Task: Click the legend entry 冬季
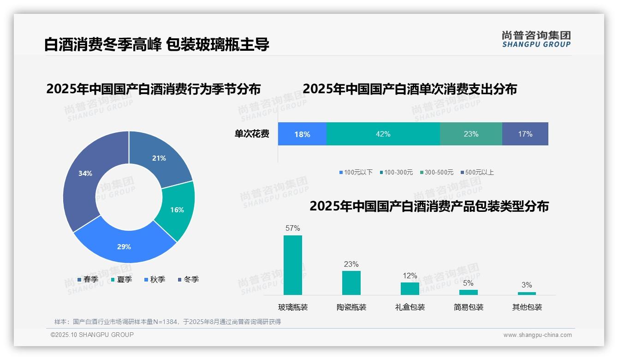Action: pos(188,279)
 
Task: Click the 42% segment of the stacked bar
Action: pos(383,134)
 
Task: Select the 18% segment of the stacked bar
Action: pos(302,134)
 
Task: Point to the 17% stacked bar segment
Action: pos(525,134)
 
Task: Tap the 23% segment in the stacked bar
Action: pos(471,134)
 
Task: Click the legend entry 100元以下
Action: pos(356,172)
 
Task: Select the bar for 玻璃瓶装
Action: pos(293,265)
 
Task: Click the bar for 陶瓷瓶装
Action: pos(351,282)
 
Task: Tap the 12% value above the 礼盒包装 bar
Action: pos(410,276)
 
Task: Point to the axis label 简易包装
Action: pos(469,307)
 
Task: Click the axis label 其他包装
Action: pos(527,307)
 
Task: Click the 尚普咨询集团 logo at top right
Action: pos(536,39)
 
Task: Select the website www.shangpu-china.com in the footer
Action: pos(537,335)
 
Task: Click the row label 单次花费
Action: pos(252,134)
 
